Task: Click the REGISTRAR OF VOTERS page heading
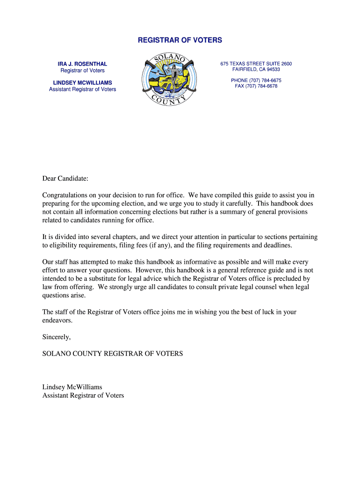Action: point(180,40)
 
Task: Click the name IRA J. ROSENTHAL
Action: point(82,64)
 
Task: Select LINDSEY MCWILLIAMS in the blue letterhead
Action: point(82,83)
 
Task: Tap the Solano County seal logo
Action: point(169,80)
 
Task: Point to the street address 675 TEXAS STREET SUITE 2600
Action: point(256,64)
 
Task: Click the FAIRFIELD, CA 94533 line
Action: point(256,69)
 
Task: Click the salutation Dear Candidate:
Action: point(65,179)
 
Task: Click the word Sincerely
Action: point(57,337)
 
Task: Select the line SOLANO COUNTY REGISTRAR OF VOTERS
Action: point(113,354)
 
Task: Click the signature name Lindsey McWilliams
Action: point(72,387)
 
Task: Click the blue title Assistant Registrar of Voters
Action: point(82,89)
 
